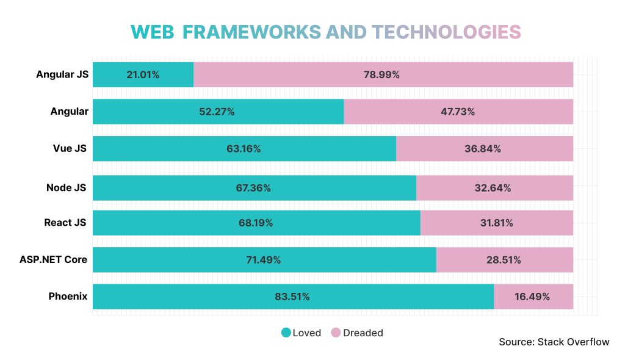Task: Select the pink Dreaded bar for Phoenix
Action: (x=533, y=297)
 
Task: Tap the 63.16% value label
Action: (x=244, y=149)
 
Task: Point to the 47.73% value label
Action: (x=458, y=112)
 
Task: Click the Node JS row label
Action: (x=66, y=187)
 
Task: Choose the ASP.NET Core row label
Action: (x=53, y=259)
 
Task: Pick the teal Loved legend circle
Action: (x=286, y=333)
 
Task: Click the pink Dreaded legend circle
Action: (x=336, y=333)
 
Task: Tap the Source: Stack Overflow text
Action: (x=554, y=342)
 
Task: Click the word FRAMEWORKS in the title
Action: (x=252, y=32)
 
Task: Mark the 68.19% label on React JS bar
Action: (x=256, y=223)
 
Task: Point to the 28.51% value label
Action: (x=504, y=260)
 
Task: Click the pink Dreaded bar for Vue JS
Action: (x=484, y=149)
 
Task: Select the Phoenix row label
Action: (x=68, y=297)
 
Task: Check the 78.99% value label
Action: (x=382, y=74)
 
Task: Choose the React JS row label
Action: (x=65, y=223)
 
